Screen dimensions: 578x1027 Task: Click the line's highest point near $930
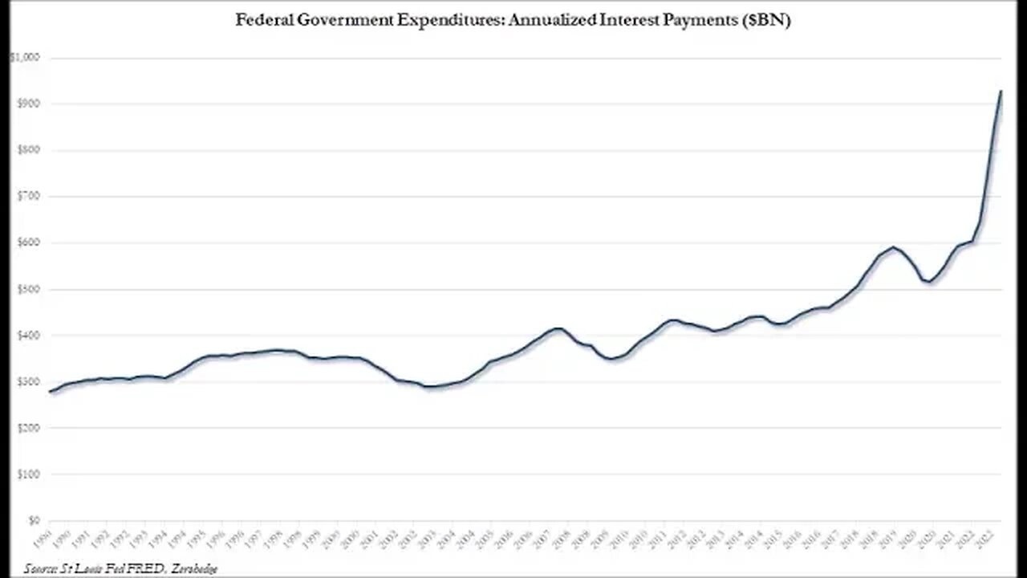pyautogui.click(x=1001, y=91)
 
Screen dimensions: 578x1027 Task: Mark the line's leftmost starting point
pyautogui.click(x=50, y=392)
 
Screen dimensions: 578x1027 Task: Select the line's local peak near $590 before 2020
pyautogui.click(x=892, y=247)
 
